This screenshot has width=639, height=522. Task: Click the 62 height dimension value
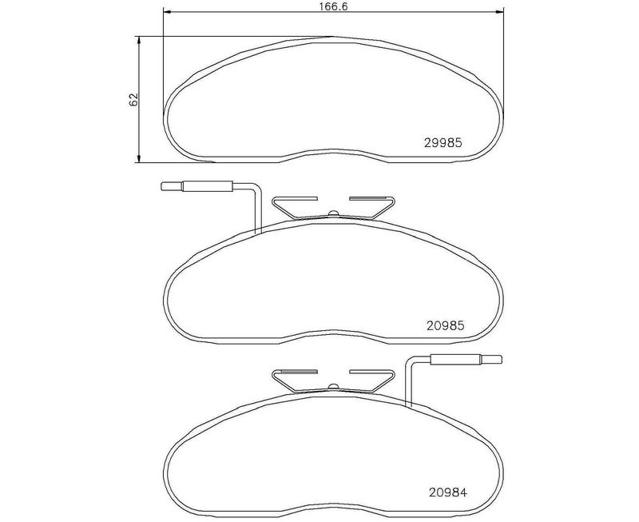click(x=133, y=100)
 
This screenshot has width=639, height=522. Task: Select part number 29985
click(x=443, y=143)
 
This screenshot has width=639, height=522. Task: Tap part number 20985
click(x=446, y=326)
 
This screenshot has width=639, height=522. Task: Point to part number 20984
click(x=448, y=492)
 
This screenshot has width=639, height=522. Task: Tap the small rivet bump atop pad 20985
click(x=333, y=213)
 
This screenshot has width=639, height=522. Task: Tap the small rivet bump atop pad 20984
click(x=333, y=387)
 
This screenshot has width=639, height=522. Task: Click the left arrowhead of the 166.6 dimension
click(x=166, y=11)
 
